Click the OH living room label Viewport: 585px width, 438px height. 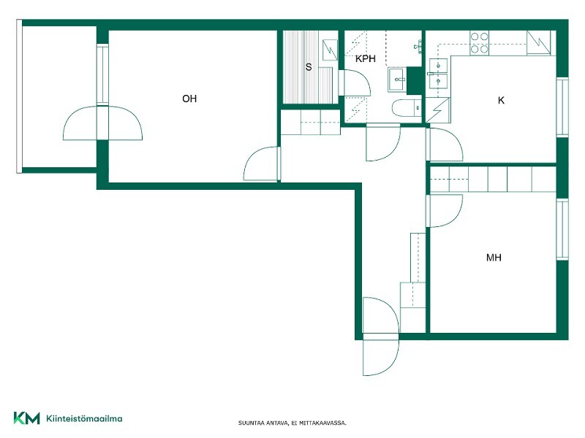(x=189, y=99)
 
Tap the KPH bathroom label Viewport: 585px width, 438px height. (x=365, y=59)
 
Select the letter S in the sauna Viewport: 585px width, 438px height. (x=309, y=67)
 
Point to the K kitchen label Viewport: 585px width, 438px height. (x=501, y=100)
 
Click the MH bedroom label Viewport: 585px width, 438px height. (x=494, y=258)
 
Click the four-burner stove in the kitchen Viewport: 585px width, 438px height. (x=479, y=43)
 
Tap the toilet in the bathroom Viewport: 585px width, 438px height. (x=407, y=108)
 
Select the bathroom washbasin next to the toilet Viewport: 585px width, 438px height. (x=398, y=80)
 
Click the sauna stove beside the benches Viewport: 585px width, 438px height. (x=330, y=50)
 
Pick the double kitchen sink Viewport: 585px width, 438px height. (x=438, y=74)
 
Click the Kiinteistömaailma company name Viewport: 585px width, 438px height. (x=84, y=418)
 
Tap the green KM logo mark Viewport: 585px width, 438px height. (x=26, y=418)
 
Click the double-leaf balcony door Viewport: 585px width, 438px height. (x=102, y=123)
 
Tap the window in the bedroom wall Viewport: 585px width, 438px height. (x=562, y=229)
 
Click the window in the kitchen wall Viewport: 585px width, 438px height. (x=562, y=107)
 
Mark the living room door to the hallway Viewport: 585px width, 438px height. (x=262, y=164)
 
